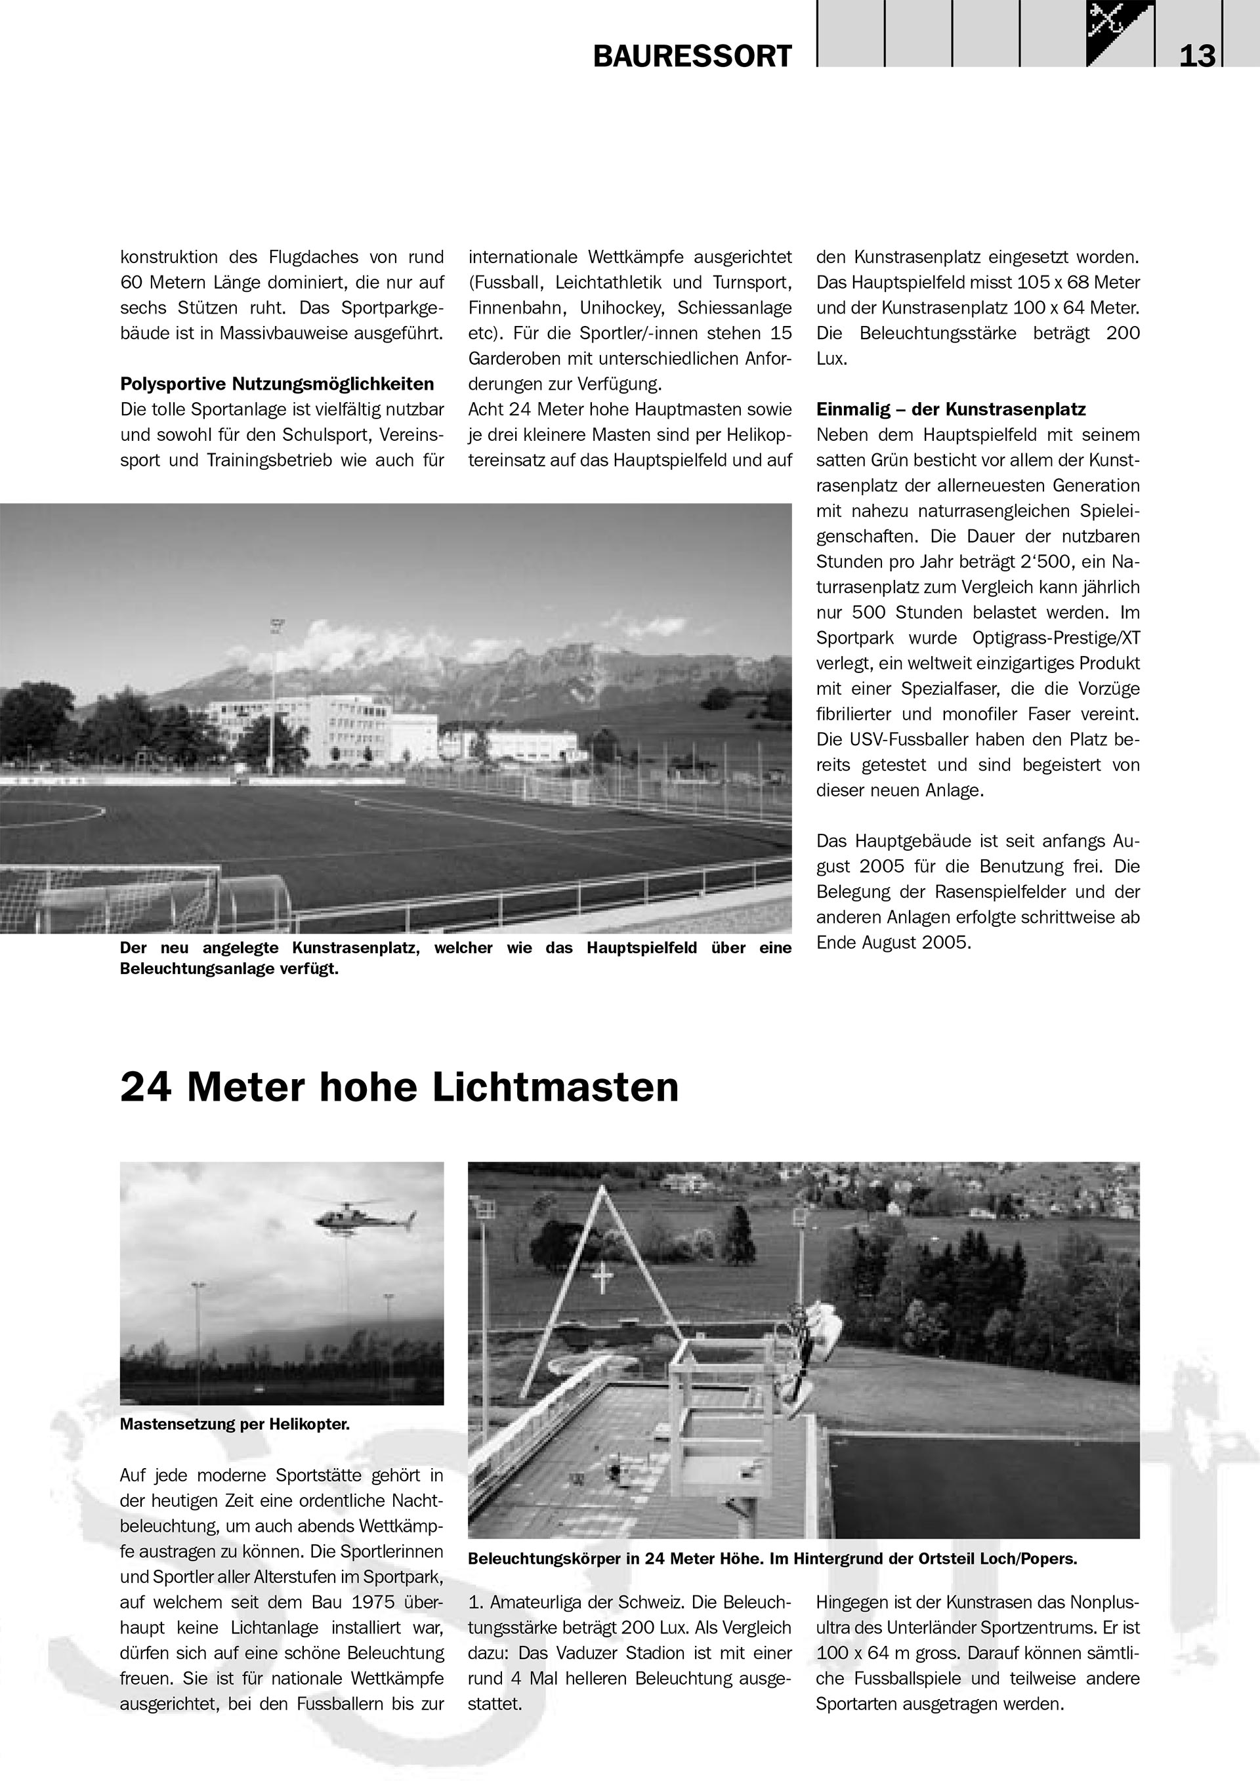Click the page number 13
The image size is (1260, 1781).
pos(1197,56)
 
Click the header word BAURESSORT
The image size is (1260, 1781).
pos(692,56)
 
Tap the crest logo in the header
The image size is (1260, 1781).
pos(1120,33)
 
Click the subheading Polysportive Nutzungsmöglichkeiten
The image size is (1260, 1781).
pos(277,384)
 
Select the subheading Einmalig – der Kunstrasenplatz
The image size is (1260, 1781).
pos(950,409)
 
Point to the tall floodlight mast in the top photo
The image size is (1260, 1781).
pos(273,690)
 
